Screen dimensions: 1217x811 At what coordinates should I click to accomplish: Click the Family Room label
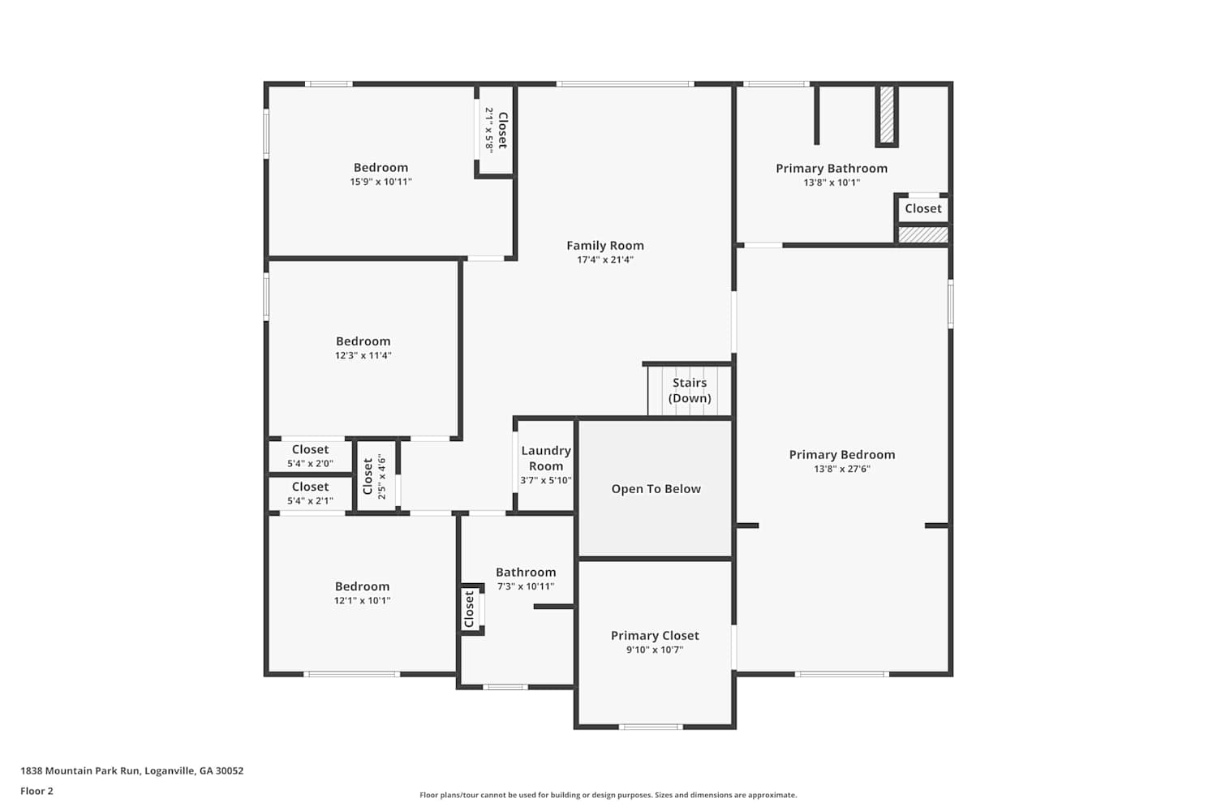pyautogui.click(x=604, y=246)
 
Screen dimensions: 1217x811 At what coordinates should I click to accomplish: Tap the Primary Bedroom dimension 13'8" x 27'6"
pyautogui.click(x=841, y=469)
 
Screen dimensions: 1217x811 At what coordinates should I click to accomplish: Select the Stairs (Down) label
pyautogui.click(x=690, y=390)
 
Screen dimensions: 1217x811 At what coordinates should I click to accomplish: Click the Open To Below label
pyautogui.click(x=656, y=489)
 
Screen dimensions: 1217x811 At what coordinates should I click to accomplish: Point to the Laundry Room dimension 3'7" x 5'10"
pyautogui.click(x=545, y=480)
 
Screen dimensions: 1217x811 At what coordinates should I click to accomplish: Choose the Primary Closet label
pyautogui.click(x=655, y=636)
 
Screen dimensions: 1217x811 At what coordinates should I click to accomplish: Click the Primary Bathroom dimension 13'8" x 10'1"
pyautogui.click(x=832, y=182)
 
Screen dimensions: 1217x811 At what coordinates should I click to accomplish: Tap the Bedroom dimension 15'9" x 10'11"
pyautogui.click(x=381, y=182)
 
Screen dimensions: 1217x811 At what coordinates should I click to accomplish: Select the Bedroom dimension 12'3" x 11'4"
pyautogui.click(x=363, y=355)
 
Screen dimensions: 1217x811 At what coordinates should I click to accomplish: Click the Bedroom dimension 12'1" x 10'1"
pyautogui.click(x=362, y=600)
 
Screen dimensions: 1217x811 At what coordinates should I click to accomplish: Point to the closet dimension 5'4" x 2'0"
pyautogui.click(x=310, y=463)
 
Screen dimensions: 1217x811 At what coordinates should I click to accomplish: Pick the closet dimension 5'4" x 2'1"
pyautogui.click(x=310, y=500)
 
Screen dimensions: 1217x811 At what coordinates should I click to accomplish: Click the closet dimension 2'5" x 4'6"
pyautogui.click(x=381, y=477)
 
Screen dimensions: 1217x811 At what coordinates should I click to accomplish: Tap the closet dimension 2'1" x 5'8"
pyautogui.click(x=488, y=131)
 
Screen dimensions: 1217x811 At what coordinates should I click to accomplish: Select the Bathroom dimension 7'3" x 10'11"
pyautogui.click(x=526, y=586)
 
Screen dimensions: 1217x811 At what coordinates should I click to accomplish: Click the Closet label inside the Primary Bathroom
pyautogui.click(x=923, y=208)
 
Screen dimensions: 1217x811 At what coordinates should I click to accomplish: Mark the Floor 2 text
pyautogui.click(x=37, y=791)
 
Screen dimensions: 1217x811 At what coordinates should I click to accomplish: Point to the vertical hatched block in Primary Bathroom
pyautogui.click(x=887, y=115)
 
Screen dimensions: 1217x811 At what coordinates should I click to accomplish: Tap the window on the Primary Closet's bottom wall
pyautogui.click(x=651, y=727)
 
